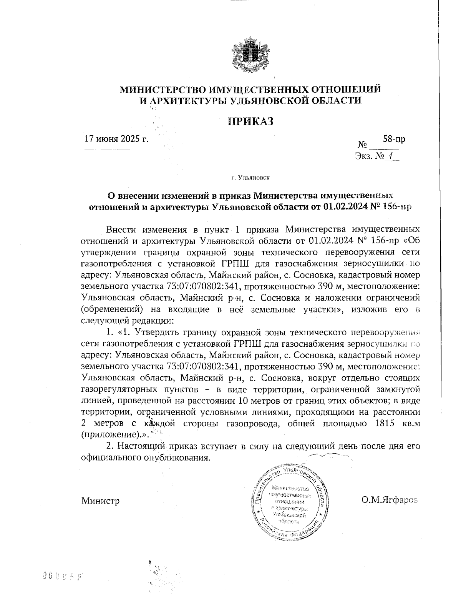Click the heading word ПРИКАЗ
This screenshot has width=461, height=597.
coord(251,121)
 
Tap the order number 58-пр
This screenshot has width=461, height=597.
coord(394,139)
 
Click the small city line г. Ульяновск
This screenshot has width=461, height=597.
coord(250,178)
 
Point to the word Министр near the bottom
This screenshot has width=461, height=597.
coord(100,501)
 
